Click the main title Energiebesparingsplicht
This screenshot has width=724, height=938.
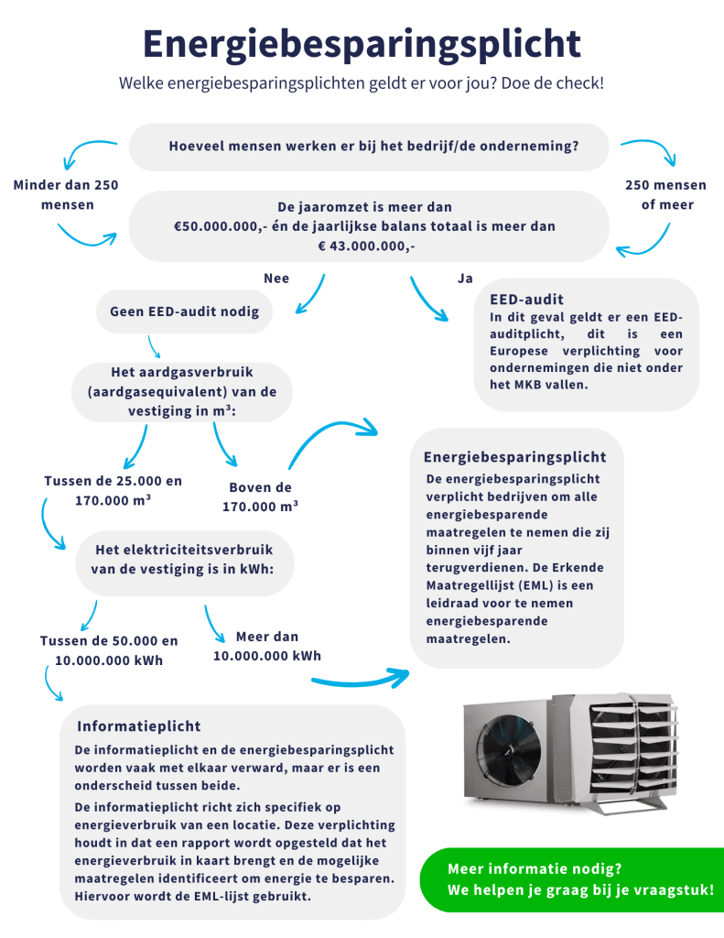click(362, 45)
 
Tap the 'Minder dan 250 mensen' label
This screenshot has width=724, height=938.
click(66, 194)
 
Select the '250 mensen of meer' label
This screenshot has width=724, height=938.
click(666, 194)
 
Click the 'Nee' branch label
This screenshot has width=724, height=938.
click(276, 278)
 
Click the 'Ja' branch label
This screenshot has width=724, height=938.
click(465, 278)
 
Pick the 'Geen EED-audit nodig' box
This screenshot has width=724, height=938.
click(184, 311)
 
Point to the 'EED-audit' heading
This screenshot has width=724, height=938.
click(526, 300)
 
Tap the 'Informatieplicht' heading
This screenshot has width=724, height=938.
click(139, 726)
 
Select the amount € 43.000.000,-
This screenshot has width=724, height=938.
click(366, 245)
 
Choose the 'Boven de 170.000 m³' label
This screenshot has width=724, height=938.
click(261, 497)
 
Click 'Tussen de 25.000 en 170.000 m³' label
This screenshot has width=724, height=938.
click(113, 491)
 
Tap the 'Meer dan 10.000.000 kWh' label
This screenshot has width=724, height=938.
click(267, 646)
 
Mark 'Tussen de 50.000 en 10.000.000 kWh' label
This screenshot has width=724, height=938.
click(109, 650)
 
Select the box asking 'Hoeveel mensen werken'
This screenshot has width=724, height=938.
click(369, 147)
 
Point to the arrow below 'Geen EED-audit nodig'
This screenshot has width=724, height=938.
click(155, 347)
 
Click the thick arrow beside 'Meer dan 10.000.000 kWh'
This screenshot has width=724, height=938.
click(362, 679)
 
